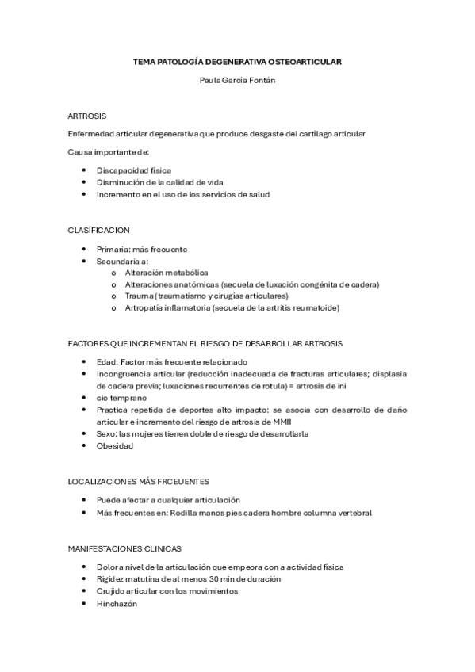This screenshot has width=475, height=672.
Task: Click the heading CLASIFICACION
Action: [x=98, y=230]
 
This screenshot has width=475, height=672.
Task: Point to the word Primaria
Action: [x=113, y=249]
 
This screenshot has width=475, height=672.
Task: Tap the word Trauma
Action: [x=138, y=296]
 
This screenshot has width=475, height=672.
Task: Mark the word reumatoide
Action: [x=315, y=307]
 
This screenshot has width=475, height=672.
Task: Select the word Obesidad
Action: [x=115, y=445]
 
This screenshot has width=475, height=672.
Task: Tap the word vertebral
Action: [x=354, y=512]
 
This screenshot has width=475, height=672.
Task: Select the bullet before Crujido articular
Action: [x=84, y=590]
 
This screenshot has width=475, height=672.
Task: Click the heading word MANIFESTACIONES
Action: [x=107, y=548]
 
